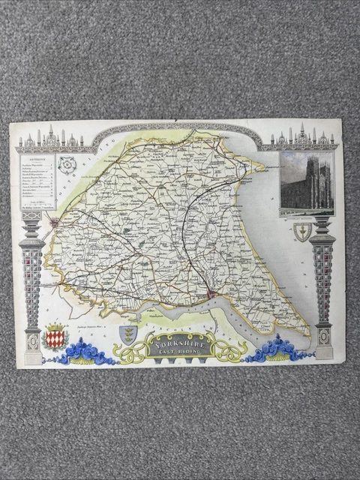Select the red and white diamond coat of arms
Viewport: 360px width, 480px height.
pyautogui.click(x=55, y=337)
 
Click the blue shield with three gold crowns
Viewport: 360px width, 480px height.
pyautogui.click(x=128, y=334)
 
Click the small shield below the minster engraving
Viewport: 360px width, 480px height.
pyautogui.click(x=301, y=232)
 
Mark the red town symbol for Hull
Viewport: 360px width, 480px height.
pyautogui.click(x=212, y=294)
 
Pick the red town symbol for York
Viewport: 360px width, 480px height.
pyautogui.click(x=54, y=222)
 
